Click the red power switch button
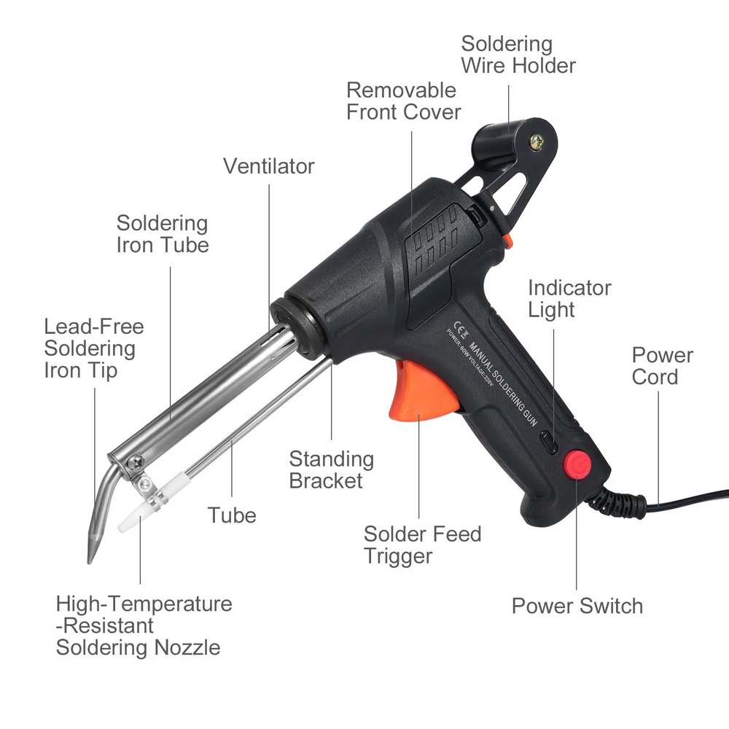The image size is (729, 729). pyautogui.click(x=577, y=463)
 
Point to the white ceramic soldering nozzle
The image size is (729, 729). pyautogui.click(x=134, y=517)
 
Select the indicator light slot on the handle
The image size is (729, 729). pyautogui.click(x=550, y=443)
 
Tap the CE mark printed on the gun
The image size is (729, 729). pyautogui.click(x=461, y=330)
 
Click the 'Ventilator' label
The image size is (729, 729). pyautogui.click(x=269, y=166)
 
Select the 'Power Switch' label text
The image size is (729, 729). pyautogui.click(x=577, y=606)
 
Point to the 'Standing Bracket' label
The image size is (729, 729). pyautogui.click(x=332, y=469)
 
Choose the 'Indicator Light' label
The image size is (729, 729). pyautogui.click(x=569, y=298)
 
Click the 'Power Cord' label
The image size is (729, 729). pyautogui.click(x=663, y=366)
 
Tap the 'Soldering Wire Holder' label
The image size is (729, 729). pyautogui.click(x=518, y=55)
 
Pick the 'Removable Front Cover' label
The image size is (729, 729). pyautogui.click(x=404, y=101)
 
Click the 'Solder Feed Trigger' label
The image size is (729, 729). pyautogui.click(x=422, y=545)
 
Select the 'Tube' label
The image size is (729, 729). pyautogui.click(x=232, y=515)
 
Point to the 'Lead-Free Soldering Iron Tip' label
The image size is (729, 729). pyautogui.click(x=94, y=348)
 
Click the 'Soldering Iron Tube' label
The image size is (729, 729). pyautogui.click(x=163, y=234)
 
